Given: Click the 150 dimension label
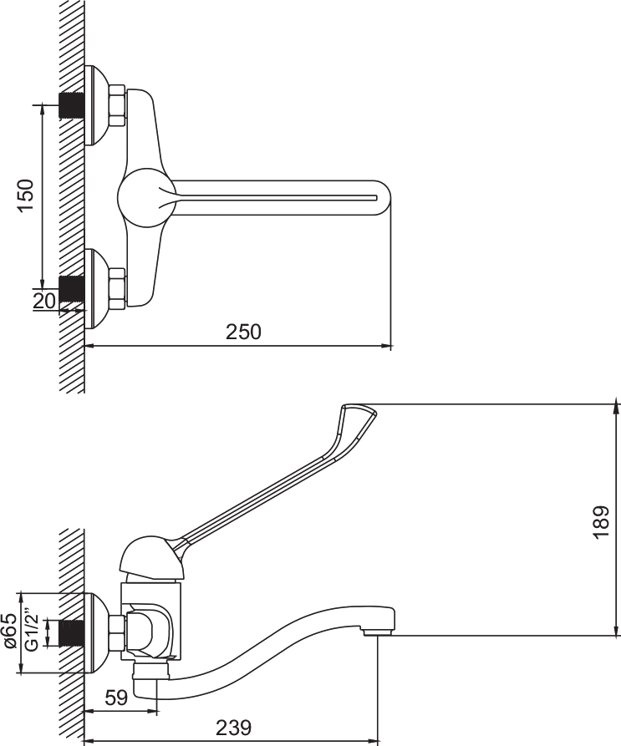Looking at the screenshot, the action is pos(27,195).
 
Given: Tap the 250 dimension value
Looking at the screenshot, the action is pos(244,332).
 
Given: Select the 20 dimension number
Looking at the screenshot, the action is pos(44,300).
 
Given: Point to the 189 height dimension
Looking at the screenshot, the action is pos(601,522).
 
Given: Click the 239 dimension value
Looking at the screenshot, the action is pos(234,728).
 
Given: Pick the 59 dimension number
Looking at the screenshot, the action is pos(116,698).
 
